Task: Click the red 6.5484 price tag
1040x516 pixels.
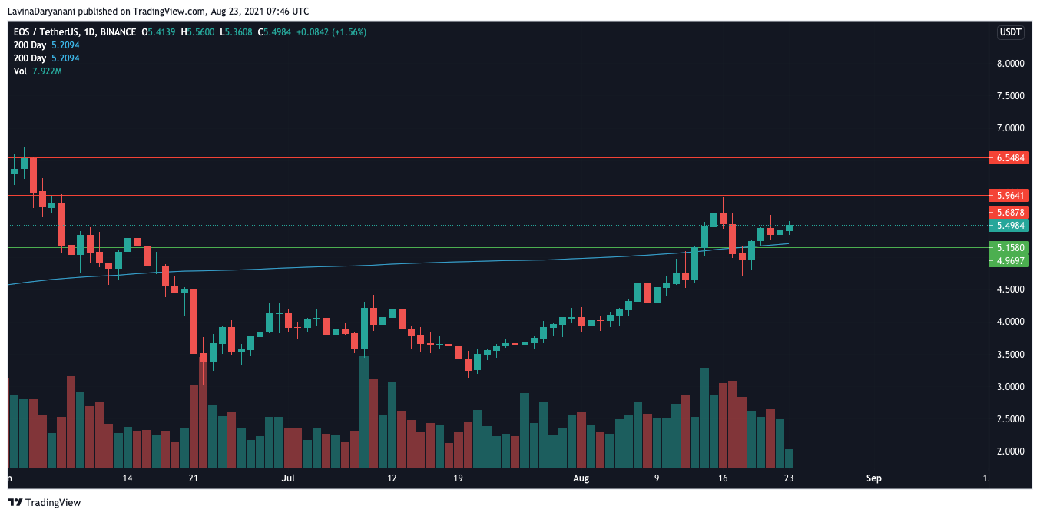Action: (1009, 157)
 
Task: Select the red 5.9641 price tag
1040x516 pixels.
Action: (1009, 195)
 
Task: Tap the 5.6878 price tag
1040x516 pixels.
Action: (1009, 212)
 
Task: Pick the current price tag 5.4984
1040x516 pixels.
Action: (1009, 226)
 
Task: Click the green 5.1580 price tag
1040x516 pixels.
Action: (1009, 248)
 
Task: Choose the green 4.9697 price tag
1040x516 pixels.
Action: (1009, 260)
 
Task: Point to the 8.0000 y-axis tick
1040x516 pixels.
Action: (1009, 64)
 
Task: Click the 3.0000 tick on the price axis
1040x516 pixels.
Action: (1009, 387)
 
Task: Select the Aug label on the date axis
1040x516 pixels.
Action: (581, 478)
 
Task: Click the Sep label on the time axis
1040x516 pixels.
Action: (873, 478)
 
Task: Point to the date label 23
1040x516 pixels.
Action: (789, 478)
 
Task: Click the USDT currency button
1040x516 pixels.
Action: (1009, 32)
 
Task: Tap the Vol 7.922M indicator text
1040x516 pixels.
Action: (38, 71)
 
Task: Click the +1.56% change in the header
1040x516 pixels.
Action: (349, 32)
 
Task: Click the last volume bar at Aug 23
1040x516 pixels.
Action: (789, 458)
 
